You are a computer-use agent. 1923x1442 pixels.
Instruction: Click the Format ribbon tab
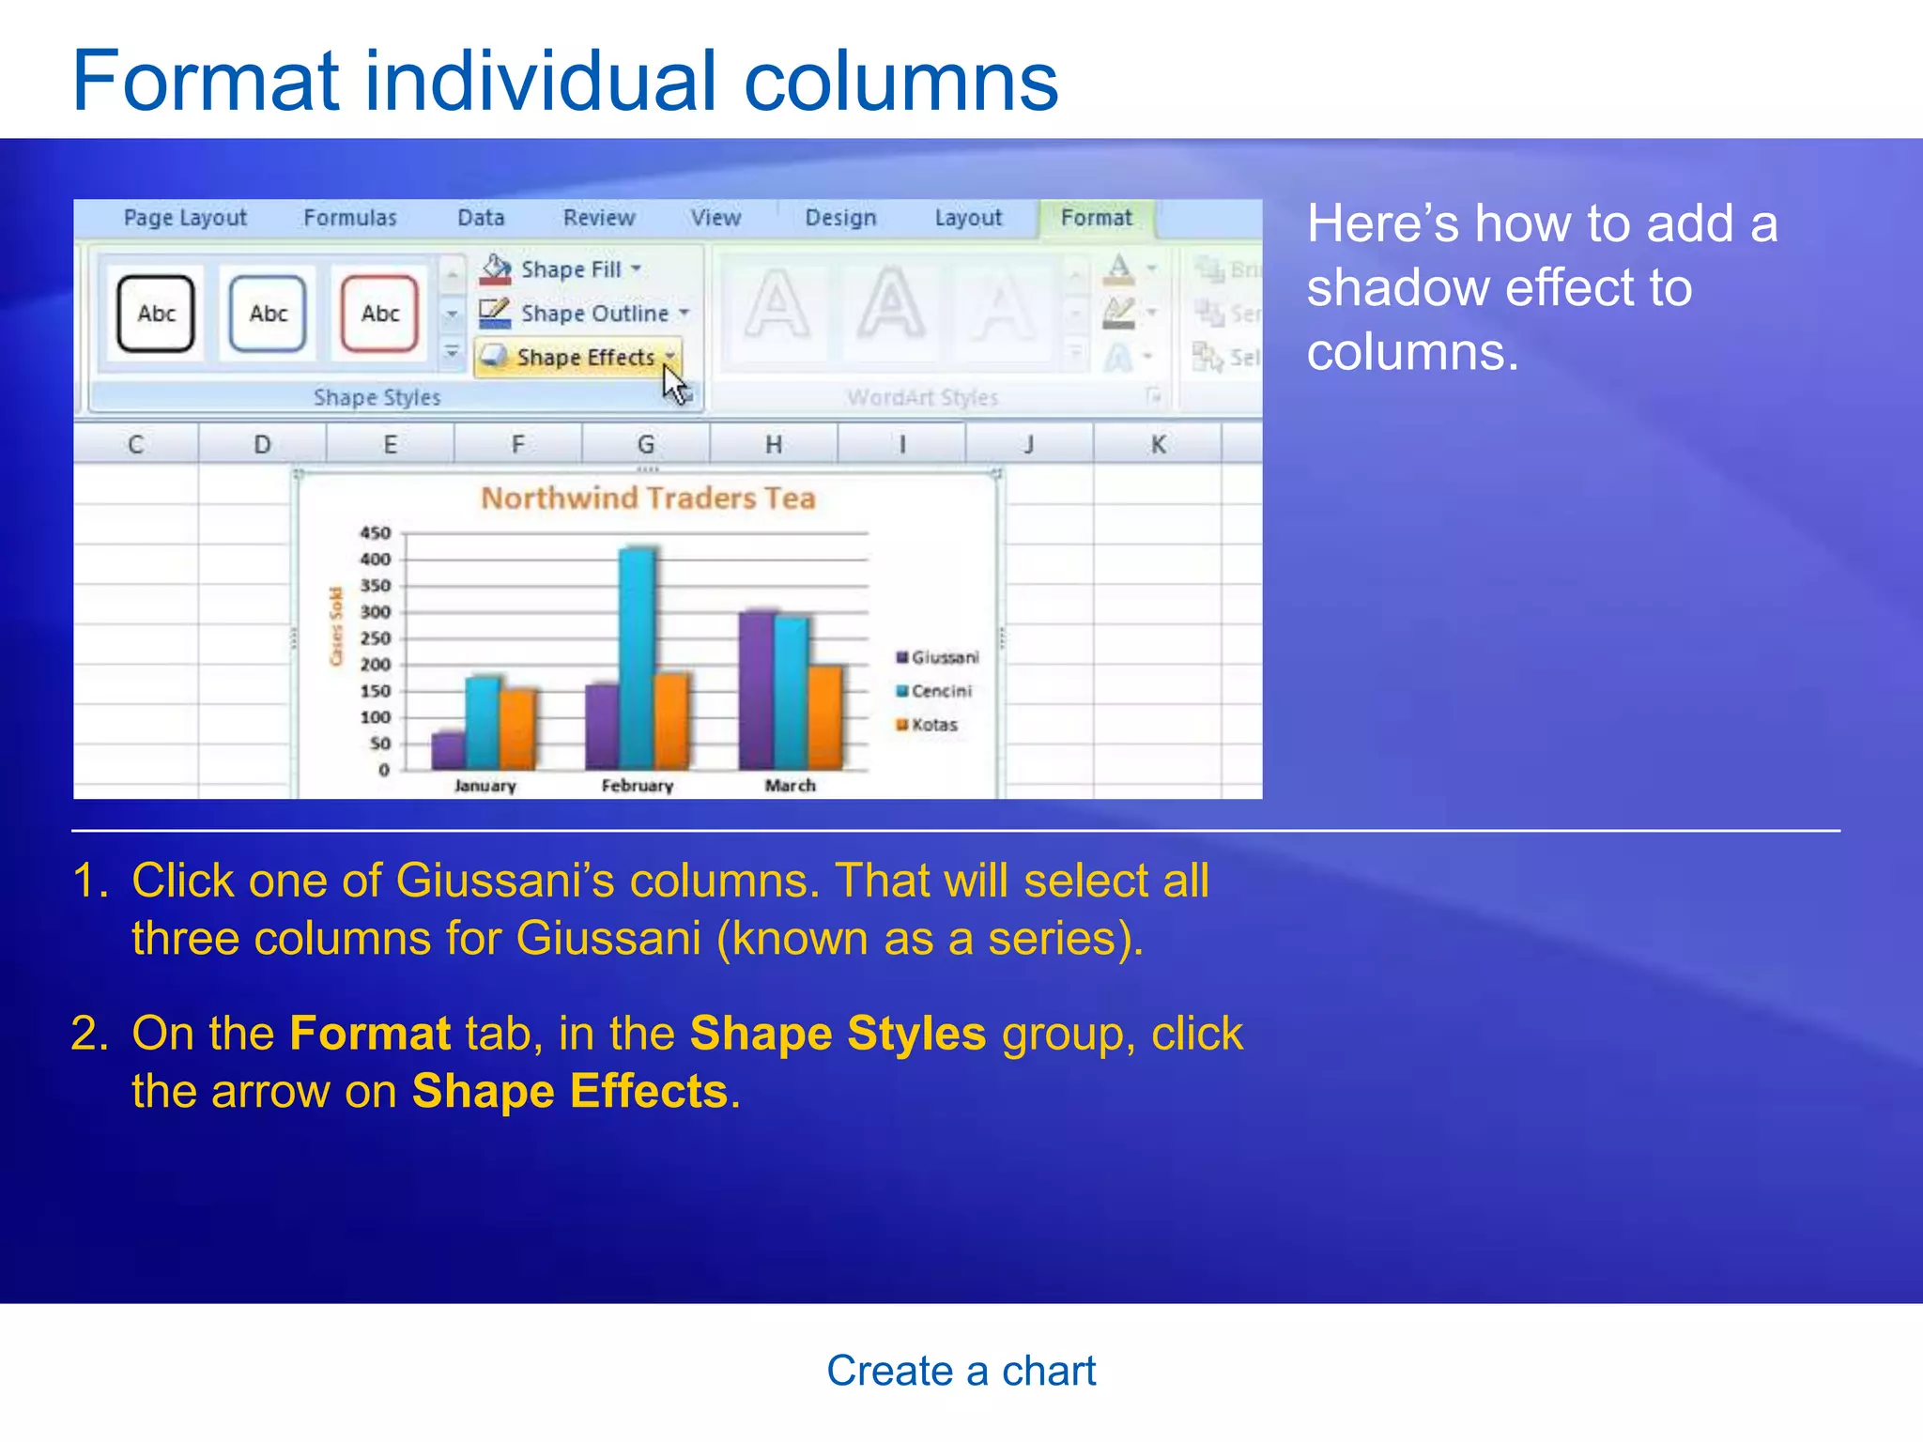click(1096, 218)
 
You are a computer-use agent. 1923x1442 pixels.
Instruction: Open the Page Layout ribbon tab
click(185, 218)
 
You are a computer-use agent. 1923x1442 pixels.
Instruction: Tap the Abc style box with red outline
click(379, 314)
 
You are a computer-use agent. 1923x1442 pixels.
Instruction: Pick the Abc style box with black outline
click(156, 314)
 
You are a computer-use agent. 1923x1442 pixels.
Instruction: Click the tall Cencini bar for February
click(637, 657)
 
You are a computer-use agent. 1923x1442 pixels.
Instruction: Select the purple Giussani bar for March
click(756, 690)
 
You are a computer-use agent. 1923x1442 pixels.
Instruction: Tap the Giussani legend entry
click(937, 657)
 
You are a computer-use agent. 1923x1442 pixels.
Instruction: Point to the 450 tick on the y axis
click(375, 533)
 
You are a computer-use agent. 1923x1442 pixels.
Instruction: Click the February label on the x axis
click(637, 786)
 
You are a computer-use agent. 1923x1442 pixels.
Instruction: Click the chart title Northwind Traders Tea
click(648, 499)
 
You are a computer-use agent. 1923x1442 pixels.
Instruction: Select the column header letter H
click(773, 444)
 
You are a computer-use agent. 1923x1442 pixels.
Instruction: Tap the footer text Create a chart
click(961, 1371)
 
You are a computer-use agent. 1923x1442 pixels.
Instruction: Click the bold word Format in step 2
click(370, 1034)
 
